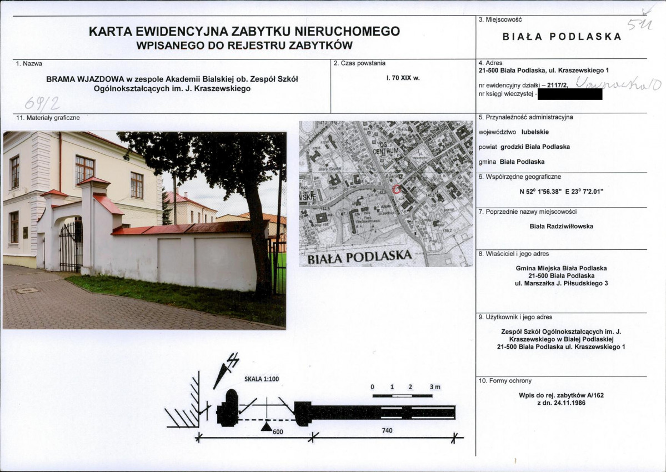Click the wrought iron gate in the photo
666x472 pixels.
point(71,246)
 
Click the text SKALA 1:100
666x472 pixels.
point(262,379)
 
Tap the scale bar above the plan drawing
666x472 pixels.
point(402,395)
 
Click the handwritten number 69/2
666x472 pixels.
point(42,102)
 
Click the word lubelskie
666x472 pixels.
point(535,132)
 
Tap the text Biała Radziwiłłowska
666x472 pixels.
point(561,226)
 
